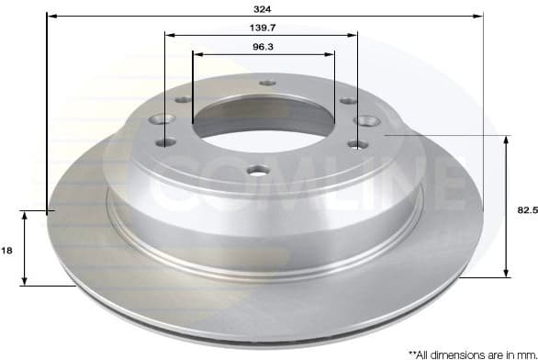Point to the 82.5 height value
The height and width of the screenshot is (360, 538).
[x=526, y=210]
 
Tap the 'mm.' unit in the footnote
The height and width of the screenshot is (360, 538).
[x=525, y=353]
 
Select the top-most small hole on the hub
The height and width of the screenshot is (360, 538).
[x=267, y=83]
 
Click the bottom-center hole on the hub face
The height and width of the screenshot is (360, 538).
[x=259, y=170]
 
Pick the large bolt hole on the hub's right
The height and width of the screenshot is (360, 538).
[x=371, y=119]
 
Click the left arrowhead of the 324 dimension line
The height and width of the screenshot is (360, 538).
[x=50, y=17]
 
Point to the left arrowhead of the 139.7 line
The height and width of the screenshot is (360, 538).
[x=169, y=35]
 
